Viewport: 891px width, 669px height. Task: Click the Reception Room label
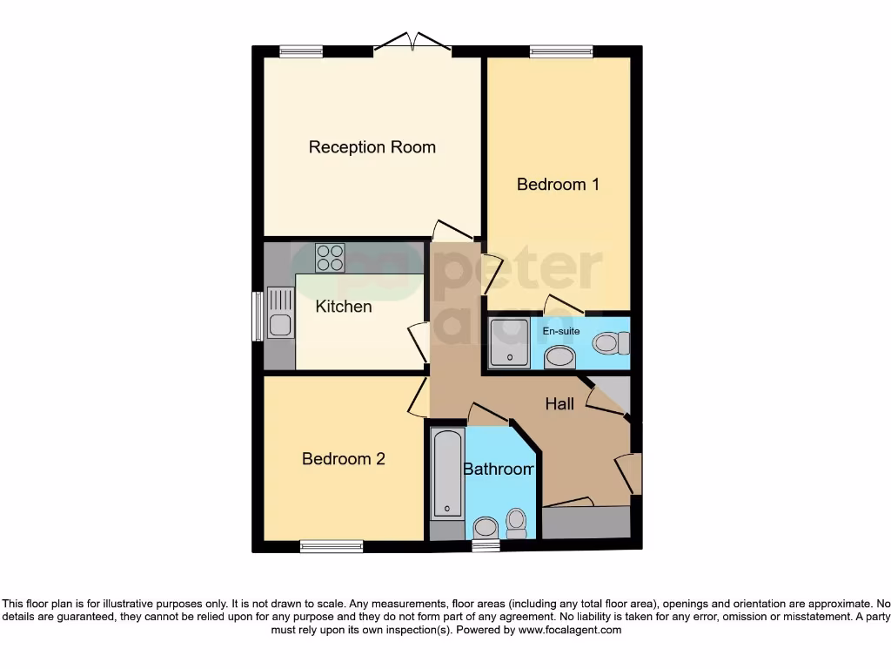[372, 147]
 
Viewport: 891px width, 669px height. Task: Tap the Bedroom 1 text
[558, 185]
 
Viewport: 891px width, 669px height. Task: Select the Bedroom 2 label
[343, 459]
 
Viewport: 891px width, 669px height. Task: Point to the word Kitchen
[343, 307]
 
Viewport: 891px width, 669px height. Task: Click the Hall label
[559, 403]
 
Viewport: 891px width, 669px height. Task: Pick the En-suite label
[560, 331]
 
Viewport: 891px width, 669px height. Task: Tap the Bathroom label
[498, 470]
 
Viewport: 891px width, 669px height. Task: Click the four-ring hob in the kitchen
[330, 257]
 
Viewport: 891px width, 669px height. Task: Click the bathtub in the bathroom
[447, 475]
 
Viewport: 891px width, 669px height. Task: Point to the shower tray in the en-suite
[508, 341]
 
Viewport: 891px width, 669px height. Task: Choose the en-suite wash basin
[559, 357]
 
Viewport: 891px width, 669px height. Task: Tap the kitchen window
[258, 316]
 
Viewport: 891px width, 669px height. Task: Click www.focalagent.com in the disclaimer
[569, 630]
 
